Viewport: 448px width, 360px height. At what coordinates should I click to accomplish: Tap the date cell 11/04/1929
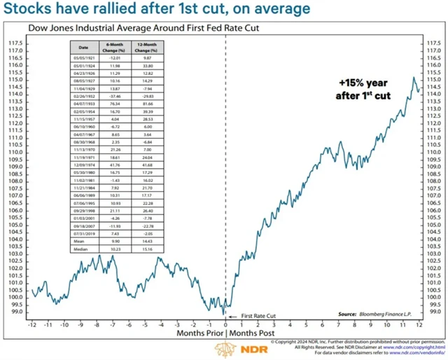[85, 90]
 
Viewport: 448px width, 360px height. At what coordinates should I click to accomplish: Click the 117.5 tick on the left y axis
[15, 43]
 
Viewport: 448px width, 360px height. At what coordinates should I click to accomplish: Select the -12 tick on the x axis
[31, 326]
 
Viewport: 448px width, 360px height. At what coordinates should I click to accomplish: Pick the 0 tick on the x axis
[225, 326]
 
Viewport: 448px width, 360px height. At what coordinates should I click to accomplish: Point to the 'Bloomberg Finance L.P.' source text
[388, 314]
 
